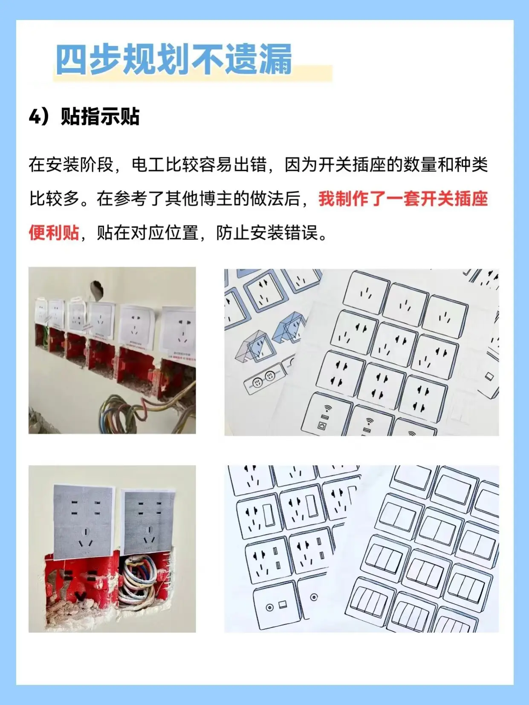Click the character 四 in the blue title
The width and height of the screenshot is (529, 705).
point(72,59)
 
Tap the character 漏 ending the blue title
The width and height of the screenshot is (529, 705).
point(275,59)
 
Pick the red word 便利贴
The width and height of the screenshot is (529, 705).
point(54,233)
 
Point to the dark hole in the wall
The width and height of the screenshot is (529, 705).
point(97,290)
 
